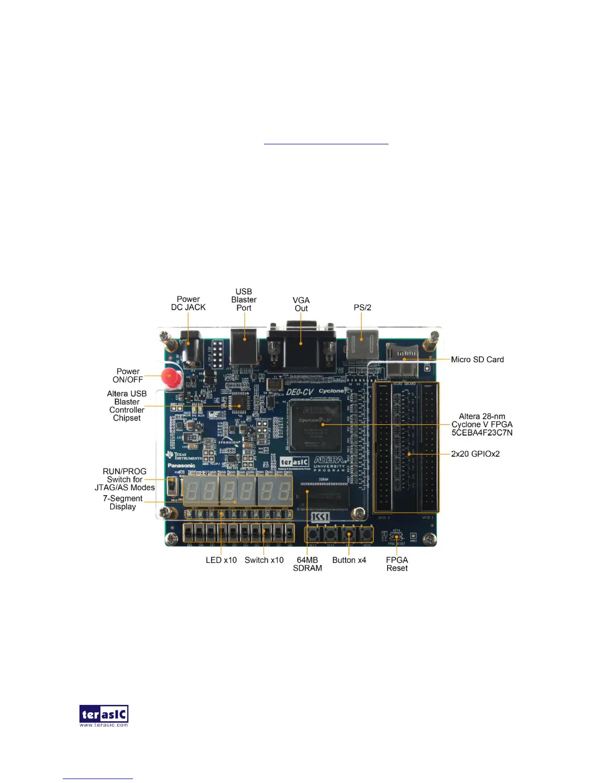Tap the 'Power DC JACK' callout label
pyautogui.click(x=188, y=303)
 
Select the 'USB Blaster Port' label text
pyautogui.click(x=244, y=300)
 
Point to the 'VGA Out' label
pyautogui.click(x=301, y=304)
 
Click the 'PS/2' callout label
pyautogui.click(x=362, y=307)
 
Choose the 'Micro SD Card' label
pyautogui.click(x=477, y=359)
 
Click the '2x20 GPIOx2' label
pyautogui.click(x=475, y=454)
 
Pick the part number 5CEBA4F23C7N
pyautogui.click(x=482, y=433)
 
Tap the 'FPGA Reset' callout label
pyautogui.click(x=397, y=564)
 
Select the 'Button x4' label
pyautogui.click(x=349, y=560)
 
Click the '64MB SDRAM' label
pyautogui.click(x=307, y=564)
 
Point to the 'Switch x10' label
pyautogui.click(x=264, y=560)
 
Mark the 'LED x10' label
pyautogui.click(x=221, y=560)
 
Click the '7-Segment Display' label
pyautogui.click(x=123, y=502)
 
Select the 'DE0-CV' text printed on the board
pyautogui.click(x=300, y=392)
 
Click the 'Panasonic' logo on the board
pyautogui.click(x=181, y=465)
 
